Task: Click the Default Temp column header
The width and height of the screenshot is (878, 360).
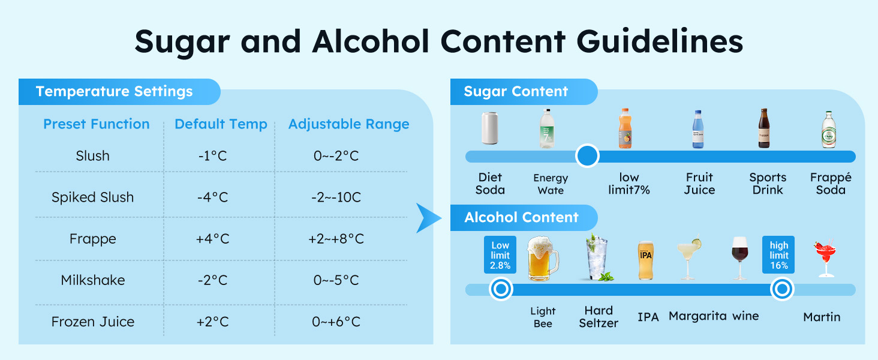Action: click(221, 124)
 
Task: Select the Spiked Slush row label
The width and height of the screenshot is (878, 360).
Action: click(92, 197)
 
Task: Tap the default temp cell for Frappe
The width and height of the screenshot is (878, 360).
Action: click(212, 239)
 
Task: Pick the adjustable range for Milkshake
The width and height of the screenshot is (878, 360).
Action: click(335, 280)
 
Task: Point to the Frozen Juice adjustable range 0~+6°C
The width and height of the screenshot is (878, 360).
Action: click(336, 322)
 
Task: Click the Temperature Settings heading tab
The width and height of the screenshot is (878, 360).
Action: click(115, 92)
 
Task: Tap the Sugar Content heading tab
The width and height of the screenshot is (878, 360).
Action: click(516, 92)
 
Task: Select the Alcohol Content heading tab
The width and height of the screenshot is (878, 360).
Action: click(521, 217)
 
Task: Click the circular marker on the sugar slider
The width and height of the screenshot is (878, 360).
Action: click(587, 156)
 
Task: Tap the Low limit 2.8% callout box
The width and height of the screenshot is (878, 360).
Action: click(500, 254)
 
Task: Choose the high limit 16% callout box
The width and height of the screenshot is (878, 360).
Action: click(779, 254)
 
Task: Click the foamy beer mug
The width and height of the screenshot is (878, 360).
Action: click(542, 259)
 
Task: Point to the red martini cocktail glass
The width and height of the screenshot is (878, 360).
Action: click(825, 259)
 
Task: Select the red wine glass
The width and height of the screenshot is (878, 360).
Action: click(740, 258)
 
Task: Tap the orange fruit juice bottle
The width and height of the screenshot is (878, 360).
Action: click(625, 128)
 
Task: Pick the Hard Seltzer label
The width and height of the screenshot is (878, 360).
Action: click(599, 316)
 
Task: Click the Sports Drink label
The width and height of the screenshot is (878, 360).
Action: click(768, 184)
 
